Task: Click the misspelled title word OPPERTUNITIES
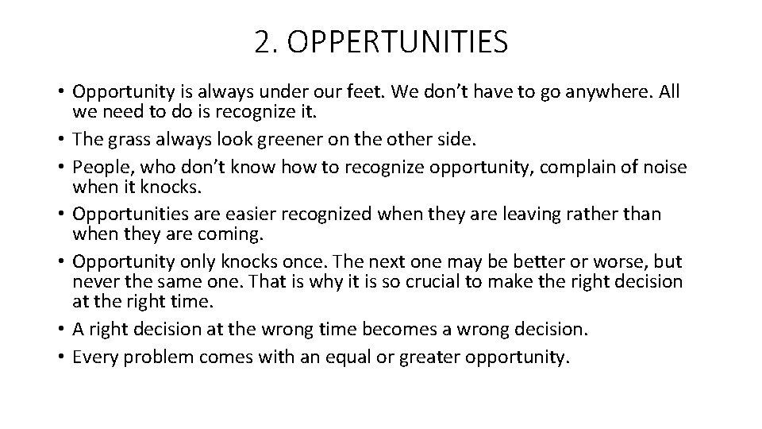pyautogui.click(x=398, y=42)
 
